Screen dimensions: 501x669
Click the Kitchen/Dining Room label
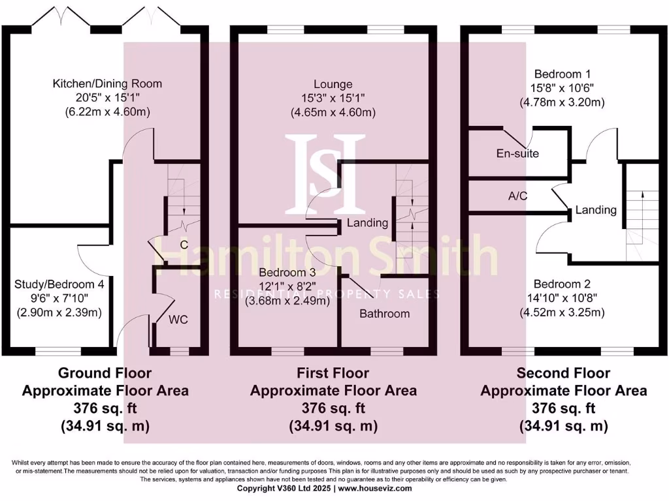(x=107, y=83)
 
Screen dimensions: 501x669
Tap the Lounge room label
(x=333, y=84)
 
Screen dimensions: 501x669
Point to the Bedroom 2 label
(x=561, y=284)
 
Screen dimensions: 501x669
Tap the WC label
(x=178, y=320)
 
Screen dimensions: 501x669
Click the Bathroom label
(x=385, y=314)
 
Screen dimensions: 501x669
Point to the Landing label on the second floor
(x=596, y=210)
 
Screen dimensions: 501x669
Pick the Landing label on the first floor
(x=367, y=223)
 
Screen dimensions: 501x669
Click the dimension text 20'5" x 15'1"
(x=107, y=98)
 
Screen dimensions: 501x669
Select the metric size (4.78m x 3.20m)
(x=561, y=102)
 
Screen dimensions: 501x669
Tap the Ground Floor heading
(x=105, y=373)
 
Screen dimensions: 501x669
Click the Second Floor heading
(x=563, y=373)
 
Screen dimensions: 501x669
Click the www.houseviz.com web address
(x=375, y=488)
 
